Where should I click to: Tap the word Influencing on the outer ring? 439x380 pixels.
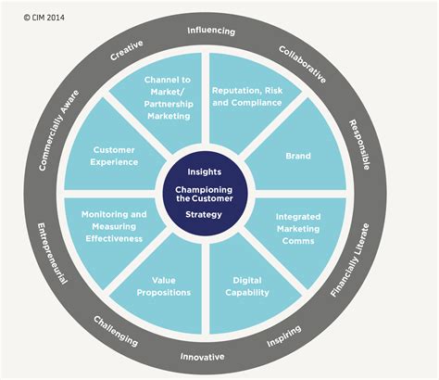(x=211, y=31)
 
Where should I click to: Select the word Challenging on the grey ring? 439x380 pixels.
(x=116, y=330)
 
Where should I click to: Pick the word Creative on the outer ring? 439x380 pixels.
(x=127, y=55)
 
